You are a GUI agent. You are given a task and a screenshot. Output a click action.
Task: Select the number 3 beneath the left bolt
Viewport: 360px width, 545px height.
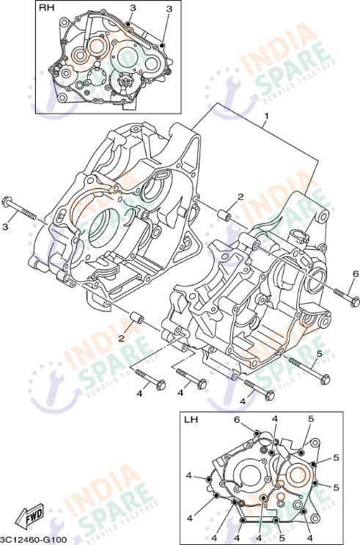pos(4,227)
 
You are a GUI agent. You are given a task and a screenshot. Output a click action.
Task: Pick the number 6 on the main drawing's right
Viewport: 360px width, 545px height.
pos(355,274)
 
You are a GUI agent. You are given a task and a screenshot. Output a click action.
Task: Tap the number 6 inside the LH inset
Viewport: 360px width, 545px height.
pos(237,419)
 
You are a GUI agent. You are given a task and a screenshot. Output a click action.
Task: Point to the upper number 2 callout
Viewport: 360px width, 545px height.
pos(240,197)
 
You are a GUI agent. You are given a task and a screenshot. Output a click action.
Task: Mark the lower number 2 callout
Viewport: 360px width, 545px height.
pos(122,338)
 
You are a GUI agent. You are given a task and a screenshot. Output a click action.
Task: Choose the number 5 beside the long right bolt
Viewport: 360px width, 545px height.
pos(318,353)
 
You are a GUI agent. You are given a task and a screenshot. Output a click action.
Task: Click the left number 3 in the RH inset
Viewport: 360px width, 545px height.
pos(133,8)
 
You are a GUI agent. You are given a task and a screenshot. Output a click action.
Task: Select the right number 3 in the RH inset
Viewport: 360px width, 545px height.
pos(169,8)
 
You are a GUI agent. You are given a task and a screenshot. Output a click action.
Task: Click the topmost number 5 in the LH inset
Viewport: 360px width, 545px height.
pos(311,419)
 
